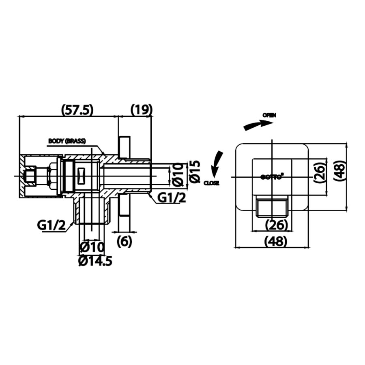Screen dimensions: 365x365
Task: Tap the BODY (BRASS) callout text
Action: tap(67, 141)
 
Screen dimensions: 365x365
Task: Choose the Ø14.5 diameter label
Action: tap(95, 261)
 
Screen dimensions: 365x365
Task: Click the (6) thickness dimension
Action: tap(124, 242)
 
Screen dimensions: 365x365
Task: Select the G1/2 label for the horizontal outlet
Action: tap(172, 198)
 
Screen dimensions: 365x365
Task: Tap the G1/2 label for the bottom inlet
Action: tap(52, 225)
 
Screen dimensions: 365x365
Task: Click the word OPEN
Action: tap(269, 115)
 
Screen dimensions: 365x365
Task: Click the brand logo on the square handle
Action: tap(271, 176)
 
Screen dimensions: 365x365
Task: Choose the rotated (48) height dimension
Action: tap(340, 172)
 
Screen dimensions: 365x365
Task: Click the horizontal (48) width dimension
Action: tap(276, 242)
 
